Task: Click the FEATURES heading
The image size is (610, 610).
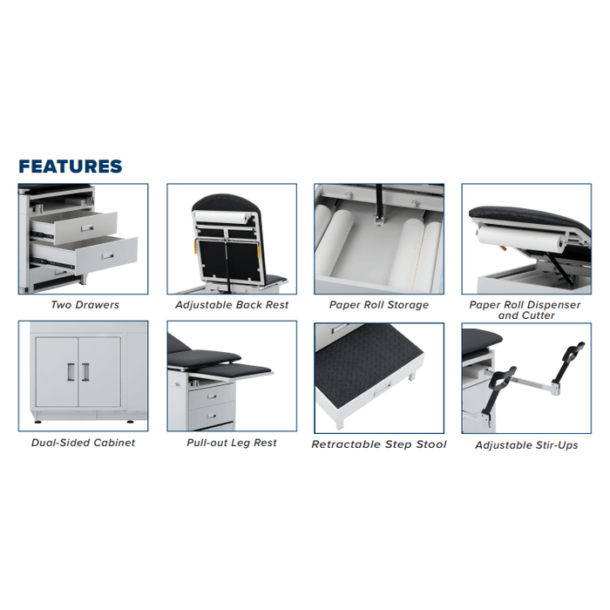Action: point(71,166)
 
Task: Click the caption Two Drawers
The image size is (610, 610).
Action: point(85,305)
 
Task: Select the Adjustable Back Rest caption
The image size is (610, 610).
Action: point(232,305)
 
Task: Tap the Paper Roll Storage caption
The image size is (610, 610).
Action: point(379,305)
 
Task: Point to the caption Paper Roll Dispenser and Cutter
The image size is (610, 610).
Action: point(525,310)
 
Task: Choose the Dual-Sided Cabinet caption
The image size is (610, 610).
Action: point(84,443)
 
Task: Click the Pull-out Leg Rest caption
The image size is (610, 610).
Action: point(232,443)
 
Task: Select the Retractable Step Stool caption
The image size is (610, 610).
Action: point(379,444)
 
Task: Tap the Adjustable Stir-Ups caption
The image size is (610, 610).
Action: point(526,444)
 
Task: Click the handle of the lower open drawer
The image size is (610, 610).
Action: point(107,257)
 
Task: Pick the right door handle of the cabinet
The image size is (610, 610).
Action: point(85,371)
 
